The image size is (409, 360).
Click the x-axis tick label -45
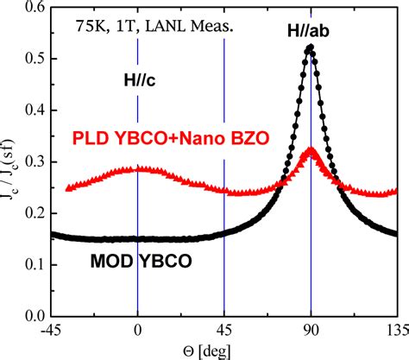(51, 329)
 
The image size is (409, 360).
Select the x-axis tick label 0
(137, 329)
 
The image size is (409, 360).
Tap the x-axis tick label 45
(224, 329)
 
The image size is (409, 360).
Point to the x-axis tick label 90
(311, 329)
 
